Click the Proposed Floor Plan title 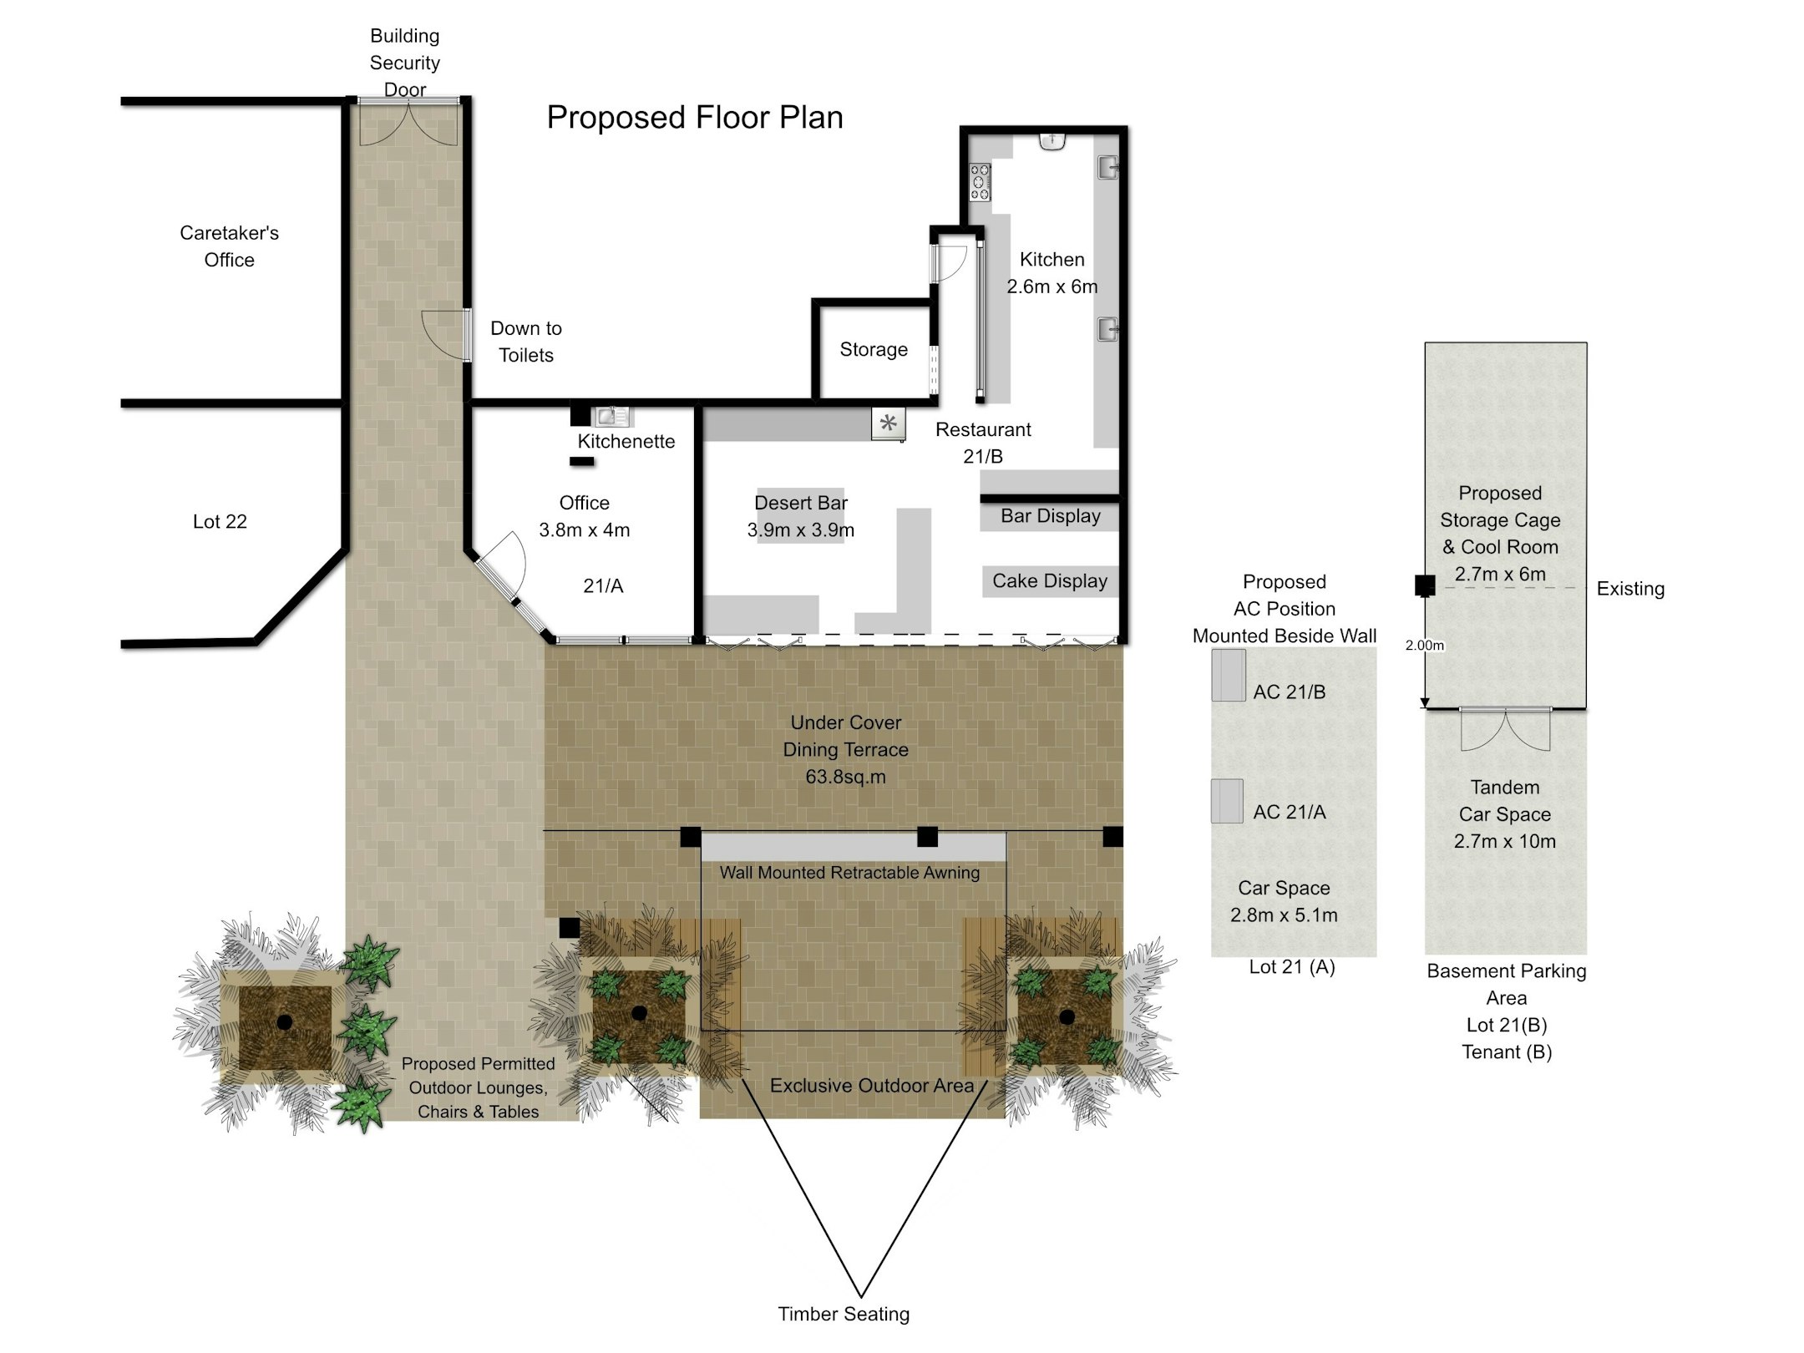click(695, 118)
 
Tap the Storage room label click(874, 350)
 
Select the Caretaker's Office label click(230, 246)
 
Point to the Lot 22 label click(220, 522)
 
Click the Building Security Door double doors click(408, 122)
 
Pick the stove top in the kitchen click(980, 183)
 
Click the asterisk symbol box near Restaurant click(889, 423)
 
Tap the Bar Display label click(1051, 516)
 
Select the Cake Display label click(1050, 580)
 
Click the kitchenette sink click(611, 415)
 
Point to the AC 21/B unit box click(1229, 676)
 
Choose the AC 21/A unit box click(1227, 802)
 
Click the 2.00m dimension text click(1425, 646)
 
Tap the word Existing click(1630, 589)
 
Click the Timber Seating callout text click(844, 1315)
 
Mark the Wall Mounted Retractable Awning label click(849, 873)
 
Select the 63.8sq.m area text click(845, 777)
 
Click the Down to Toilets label click(526, 342)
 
